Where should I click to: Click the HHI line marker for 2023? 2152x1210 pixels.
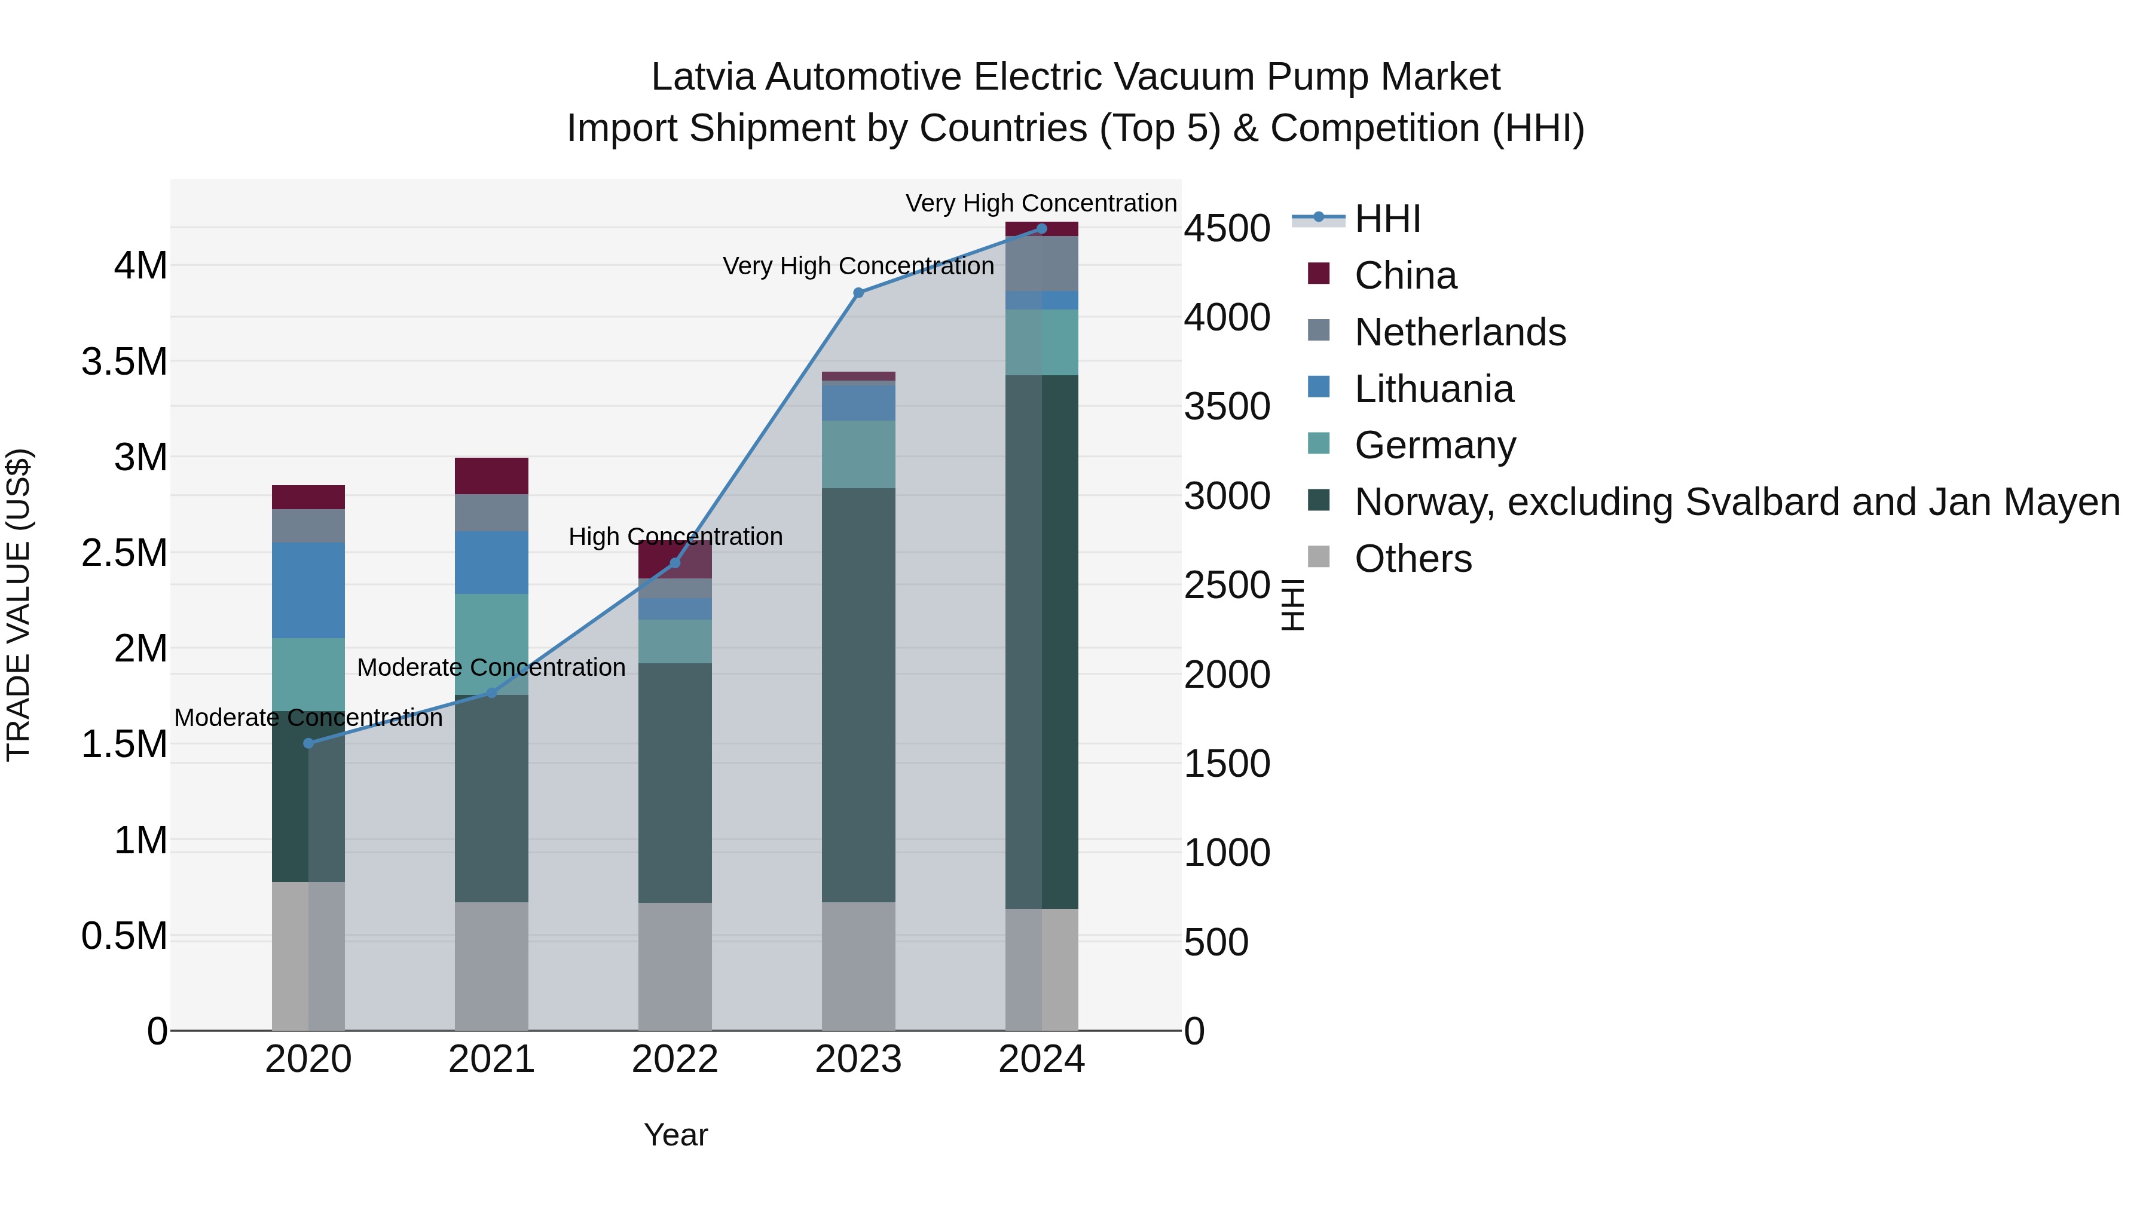[858, 292]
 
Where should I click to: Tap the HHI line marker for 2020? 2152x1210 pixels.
[308, 743]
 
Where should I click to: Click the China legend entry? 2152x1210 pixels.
[1405, 275]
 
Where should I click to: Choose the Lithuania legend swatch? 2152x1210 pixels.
[1318, 387]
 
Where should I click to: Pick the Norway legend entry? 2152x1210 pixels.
[1736, 502]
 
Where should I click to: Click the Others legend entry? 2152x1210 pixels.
[1413, 559]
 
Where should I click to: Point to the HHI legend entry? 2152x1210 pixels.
[1387, 219]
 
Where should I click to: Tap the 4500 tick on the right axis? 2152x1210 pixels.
[1227, 229]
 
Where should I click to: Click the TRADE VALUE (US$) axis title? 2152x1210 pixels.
[19, 605]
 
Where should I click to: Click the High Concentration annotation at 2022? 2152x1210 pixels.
[675, 537]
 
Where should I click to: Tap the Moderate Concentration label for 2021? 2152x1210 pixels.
[491, 668]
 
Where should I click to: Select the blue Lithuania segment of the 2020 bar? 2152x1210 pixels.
[308, 590]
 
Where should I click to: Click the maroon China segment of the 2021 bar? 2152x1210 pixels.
[491, 476]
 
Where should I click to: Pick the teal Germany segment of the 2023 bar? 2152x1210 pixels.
[858, 454]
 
